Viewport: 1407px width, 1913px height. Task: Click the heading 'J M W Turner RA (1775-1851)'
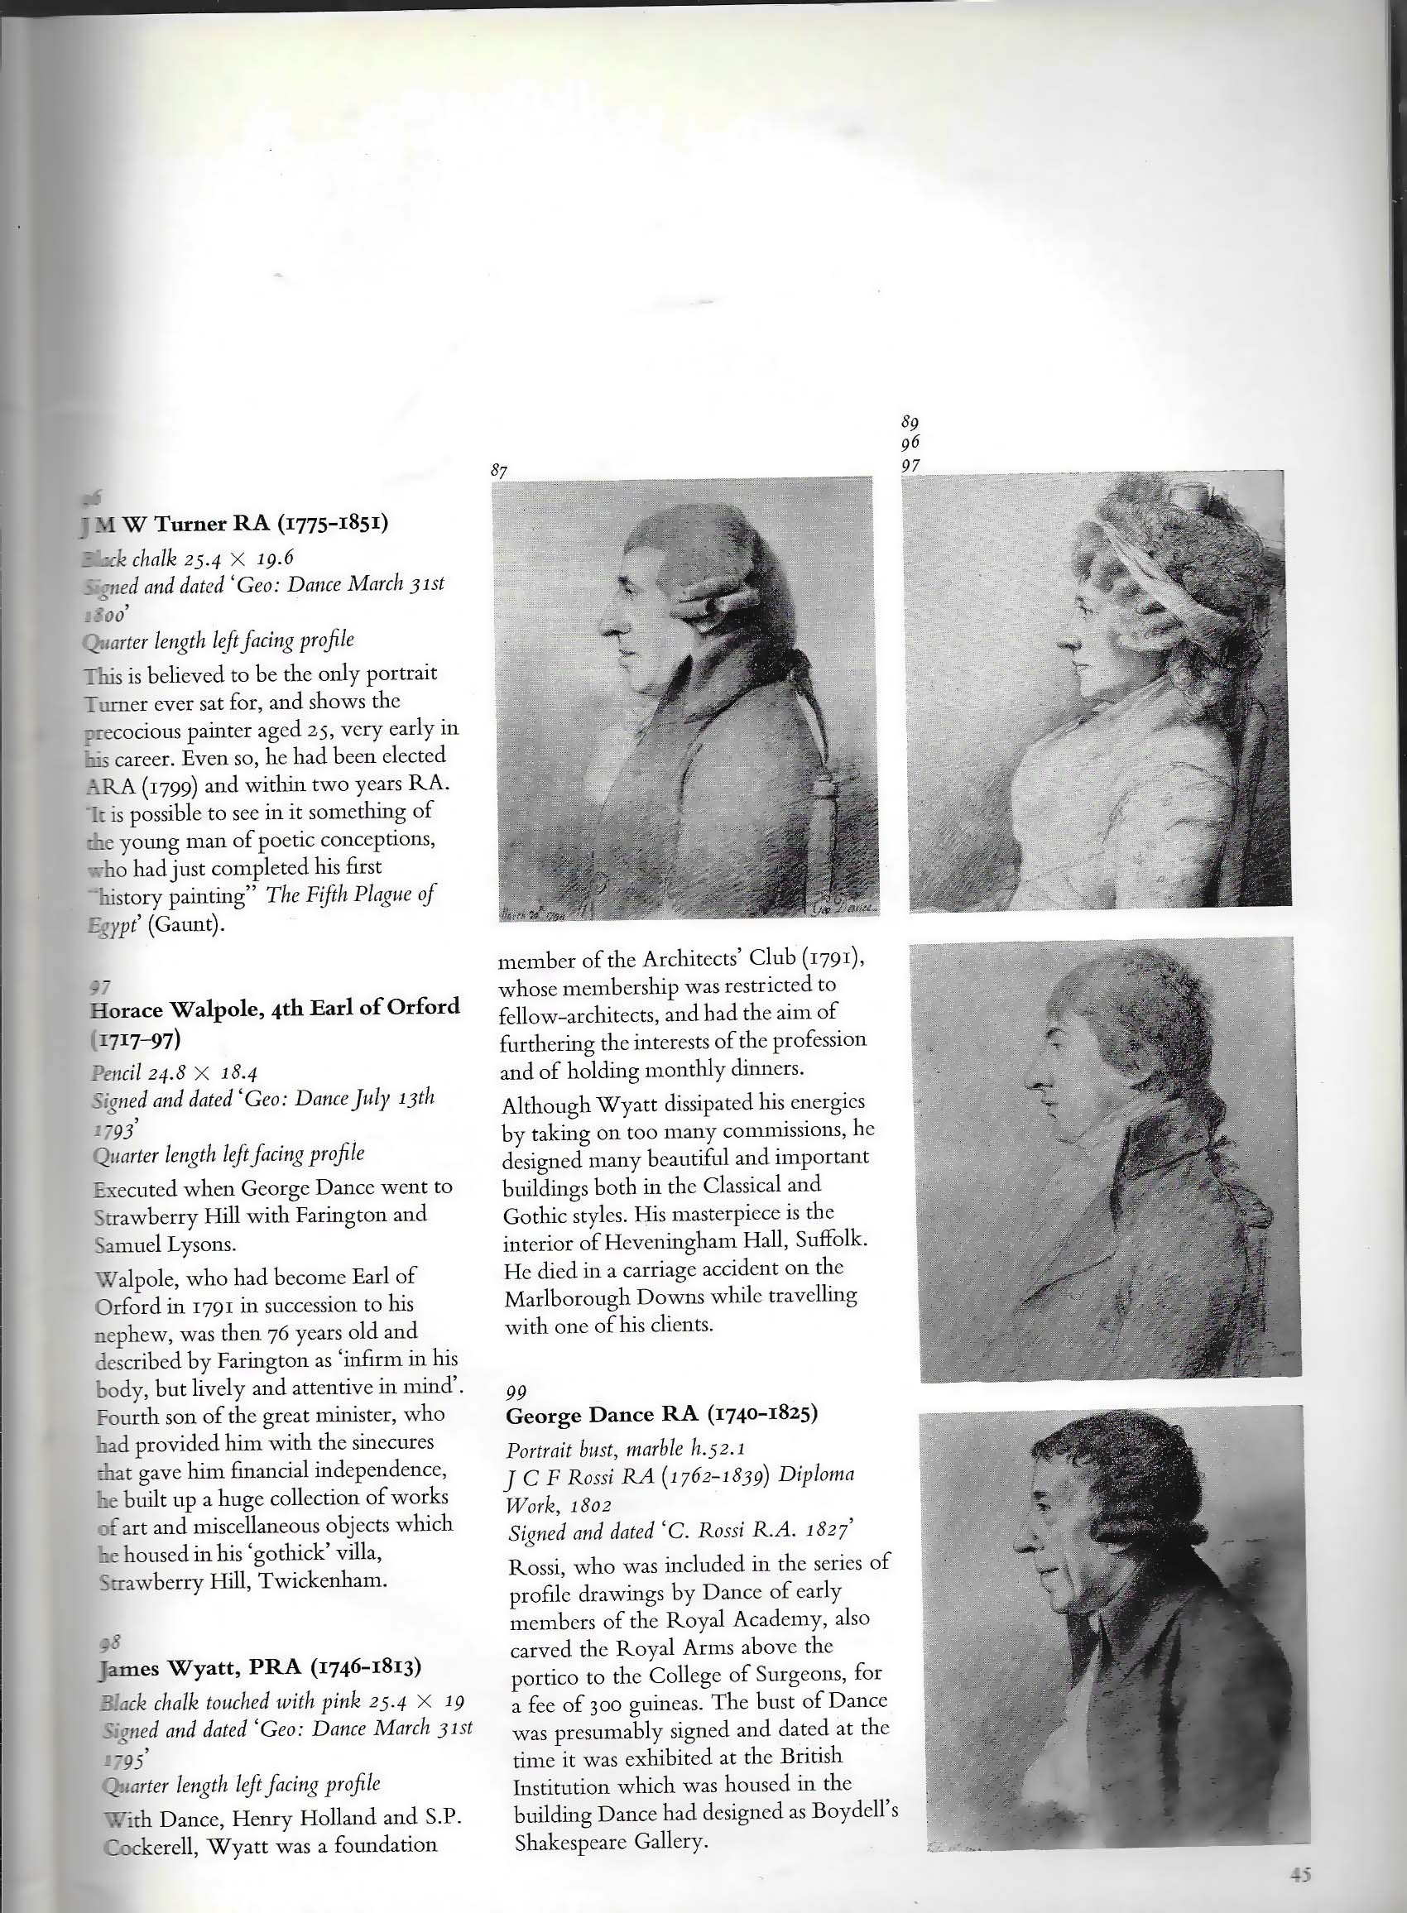(234, 523)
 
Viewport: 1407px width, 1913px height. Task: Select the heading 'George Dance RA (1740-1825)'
(661, 1414)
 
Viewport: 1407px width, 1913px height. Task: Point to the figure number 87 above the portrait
(500, 469)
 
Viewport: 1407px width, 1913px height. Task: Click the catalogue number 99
(516, 1391)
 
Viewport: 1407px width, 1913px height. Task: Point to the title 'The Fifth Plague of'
(350, 894)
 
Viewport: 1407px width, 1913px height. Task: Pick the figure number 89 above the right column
(910, 422)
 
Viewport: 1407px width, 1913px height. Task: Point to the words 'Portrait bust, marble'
(593, 1448)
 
